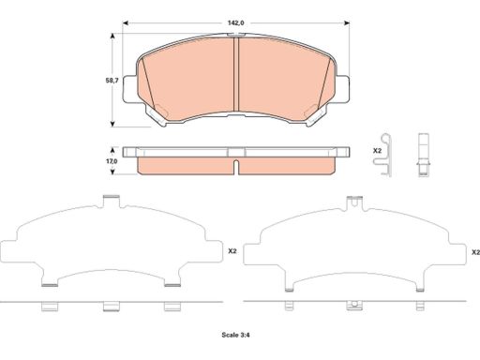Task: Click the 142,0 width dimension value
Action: [x=235, y=22]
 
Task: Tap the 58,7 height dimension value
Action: [x=112, y=81]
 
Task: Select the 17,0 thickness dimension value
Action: [x=112, y=161]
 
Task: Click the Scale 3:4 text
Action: [x=235, y=335]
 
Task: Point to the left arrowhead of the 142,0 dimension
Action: [x=126, y=22]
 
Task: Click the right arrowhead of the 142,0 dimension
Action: [x=346, y=22]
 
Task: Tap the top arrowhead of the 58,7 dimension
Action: [x=112, y=36]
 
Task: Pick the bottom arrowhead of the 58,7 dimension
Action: [x=112, y=124]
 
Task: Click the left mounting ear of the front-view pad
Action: [x=129, y=89]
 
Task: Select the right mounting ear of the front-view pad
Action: [x=342, y=89]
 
